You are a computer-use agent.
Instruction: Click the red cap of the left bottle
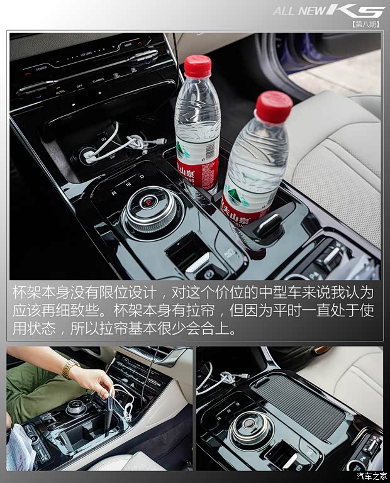pyautogui.click(x=198, y=66)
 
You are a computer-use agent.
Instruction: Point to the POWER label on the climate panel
pyautogui.click(x=42, y=68)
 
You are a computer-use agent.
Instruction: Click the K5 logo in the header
pyautogui.click(x=363, y=11)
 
